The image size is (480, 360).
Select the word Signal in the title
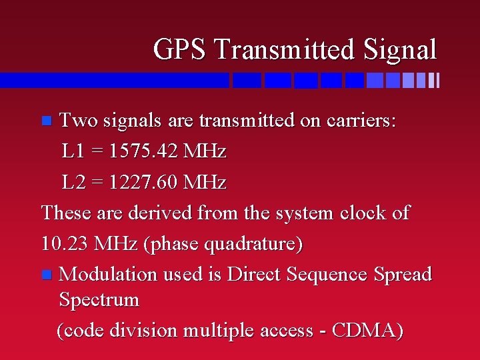coord(401,50)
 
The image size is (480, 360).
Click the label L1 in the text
coord(73,151)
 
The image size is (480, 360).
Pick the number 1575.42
coord(145,151)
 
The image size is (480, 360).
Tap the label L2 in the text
coord(74,182)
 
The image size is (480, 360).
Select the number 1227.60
coord(145,182)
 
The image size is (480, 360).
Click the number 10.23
coord(63,244)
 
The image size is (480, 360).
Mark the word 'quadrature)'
coord(254,244)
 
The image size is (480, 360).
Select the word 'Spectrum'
coord(99,300)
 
